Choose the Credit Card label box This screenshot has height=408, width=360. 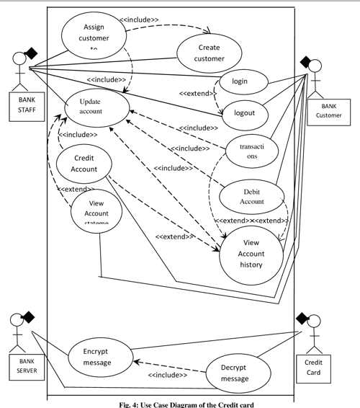[313, 366]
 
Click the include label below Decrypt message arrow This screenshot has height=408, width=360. [168, 375]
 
